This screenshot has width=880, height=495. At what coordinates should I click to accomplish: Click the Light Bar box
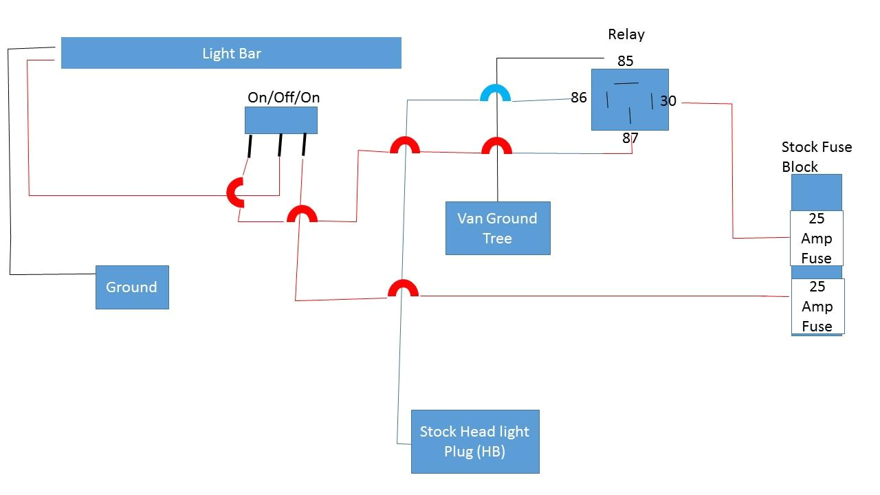tap(231, 53)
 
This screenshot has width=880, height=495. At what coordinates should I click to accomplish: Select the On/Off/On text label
tap(283, 98)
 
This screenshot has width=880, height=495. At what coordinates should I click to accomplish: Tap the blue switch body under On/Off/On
tap(281, 120)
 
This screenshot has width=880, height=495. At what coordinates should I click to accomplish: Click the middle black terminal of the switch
tap(280, 145)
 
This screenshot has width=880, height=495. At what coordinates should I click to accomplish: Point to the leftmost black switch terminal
tap(250, 146)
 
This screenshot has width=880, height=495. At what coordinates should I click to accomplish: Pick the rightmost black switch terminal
tap(304, 145)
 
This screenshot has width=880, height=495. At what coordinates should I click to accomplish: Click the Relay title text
tap(626, 34)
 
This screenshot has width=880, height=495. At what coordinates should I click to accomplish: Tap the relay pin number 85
tap(625, 61)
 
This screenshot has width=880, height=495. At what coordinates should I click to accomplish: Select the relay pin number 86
tap(579, 98)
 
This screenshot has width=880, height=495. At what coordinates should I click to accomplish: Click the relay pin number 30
tap(668, 101)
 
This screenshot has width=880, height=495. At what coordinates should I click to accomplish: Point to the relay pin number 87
tap(630, 138)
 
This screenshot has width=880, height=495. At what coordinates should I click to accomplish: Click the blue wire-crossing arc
tap(495, 93)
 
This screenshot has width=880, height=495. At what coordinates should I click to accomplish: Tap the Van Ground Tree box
tap(498, 228)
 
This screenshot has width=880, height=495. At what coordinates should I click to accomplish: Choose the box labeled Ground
tap(132, 287)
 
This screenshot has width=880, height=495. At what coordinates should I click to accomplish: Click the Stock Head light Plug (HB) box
tap(475, 441)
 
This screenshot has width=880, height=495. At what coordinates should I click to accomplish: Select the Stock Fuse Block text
tap(816, 157)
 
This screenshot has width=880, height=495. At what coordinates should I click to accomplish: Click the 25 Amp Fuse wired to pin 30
tap(816, 239)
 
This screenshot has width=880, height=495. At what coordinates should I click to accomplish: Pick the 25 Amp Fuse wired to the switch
tap(817, 307)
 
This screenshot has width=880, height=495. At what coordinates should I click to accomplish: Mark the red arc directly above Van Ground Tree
tap(496, 146)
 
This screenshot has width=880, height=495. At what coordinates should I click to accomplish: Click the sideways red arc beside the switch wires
tap(235, 193)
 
